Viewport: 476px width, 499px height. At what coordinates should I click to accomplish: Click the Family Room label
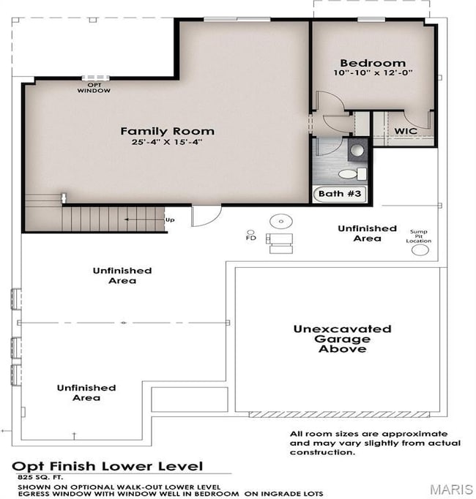[167, 131]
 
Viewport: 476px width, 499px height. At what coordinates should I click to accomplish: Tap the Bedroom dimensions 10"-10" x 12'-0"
[373, 72]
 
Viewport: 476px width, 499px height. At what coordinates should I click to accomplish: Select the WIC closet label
[406, 131]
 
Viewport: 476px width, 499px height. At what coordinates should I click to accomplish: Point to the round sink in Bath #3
[357, 150]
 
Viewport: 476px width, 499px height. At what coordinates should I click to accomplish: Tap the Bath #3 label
[340, 193]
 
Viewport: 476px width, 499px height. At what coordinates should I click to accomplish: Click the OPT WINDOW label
[94, 88]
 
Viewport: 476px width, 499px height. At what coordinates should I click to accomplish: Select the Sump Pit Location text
[419, 236]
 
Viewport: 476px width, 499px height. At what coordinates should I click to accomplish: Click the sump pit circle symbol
[420, 250]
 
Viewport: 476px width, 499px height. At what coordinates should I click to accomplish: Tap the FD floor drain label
[251, 238]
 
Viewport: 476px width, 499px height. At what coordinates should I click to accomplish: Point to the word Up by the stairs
[170, 220]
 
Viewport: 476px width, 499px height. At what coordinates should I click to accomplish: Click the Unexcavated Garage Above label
[342, 339]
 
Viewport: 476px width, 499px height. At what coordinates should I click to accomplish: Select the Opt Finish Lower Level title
[108, 466]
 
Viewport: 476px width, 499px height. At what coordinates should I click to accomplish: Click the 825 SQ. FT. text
[40, 477]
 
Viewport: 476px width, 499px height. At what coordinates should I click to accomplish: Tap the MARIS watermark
[451, 489]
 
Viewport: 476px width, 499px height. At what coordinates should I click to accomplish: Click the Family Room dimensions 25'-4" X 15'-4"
[167, 142]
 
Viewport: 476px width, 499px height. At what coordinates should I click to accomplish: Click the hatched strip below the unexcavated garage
[339, 415]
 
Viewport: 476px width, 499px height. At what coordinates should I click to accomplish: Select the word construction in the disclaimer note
[322, 452]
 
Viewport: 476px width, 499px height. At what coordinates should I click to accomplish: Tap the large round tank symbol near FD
[281, 221]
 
